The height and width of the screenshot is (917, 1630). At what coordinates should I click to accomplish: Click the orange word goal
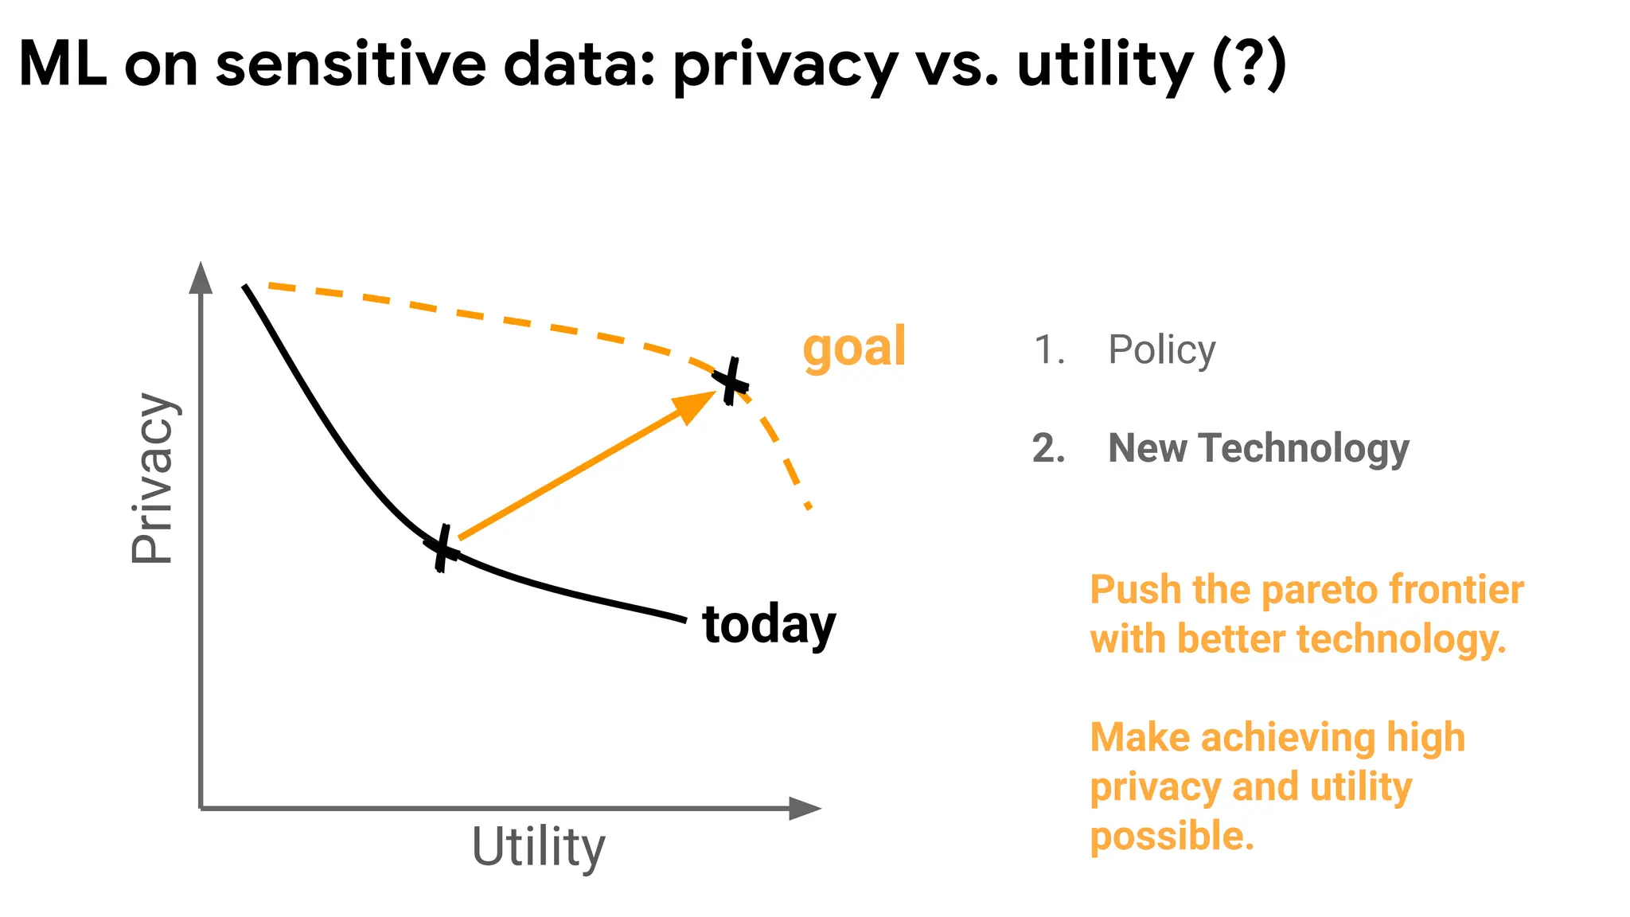click(x=854, y=348)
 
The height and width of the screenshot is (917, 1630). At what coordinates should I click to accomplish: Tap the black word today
click(x=769, y=625)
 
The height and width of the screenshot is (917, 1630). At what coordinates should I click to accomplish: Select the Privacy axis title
click(x=152, y=478)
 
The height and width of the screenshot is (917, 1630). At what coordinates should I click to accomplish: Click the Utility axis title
click(x=538, y=847)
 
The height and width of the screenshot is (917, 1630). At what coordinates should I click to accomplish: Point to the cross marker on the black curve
click(x=443, y=548)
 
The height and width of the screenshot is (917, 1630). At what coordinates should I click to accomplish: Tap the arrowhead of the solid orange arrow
click(x=694, y=404)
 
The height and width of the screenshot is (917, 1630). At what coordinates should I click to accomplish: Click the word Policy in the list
click(x=1161, y=349)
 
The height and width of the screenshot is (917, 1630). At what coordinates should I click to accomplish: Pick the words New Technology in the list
click(x=1258, y=448)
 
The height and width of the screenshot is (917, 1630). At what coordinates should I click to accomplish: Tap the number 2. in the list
click(x=1048, y=448)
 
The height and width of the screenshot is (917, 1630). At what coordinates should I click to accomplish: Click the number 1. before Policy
click(x=1049, y=349)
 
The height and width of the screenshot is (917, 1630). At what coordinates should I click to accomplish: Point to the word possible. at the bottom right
click(x=1172, y=836)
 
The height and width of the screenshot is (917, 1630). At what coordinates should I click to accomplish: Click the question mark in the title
click(x=1247, y=64)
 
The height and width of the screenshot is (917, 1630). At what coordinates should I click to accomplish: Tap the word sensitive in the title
click(x=350, y=64)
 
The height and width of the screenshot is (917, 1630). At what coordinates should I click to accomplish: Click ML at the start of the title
click(x=62, y=64)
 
